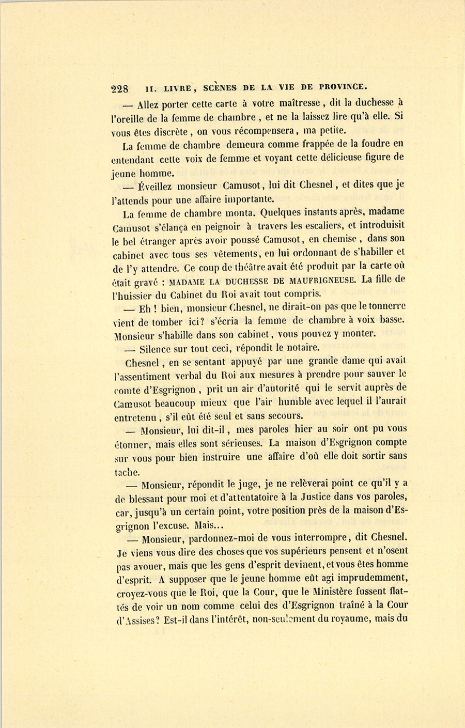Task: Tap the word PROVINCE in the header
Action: point(342,86)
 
